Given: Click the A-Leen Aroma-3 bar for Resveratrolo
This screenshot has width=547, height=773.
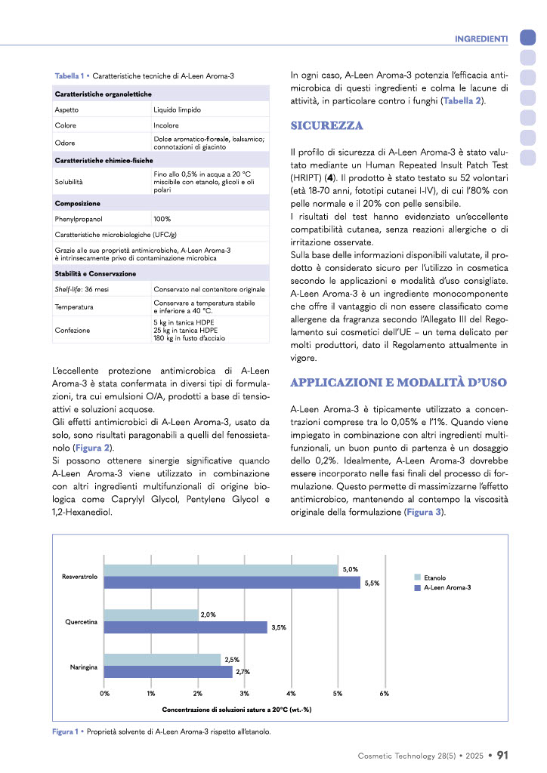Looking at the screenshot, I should (x=232, y=582).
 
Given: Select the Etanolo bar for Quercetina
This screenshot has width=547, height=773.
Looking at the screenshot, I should (x=151, y=614).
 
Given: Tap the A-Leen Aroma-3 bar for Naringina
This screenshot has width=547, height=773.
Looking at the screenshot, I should (x=168, y=671).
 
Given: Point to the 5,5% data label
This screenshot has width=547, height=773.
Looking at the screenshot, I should (x=371, y=583).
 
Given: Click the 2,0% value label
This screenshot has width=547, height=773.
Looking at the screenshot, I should (x=209, y=614).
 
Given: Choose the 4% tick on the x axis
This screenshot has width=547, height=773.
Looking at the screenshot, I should (x=291, y=693).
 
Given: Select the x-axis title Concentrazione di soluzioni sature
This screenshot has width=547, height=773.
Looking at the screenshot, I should (x=237, y=710).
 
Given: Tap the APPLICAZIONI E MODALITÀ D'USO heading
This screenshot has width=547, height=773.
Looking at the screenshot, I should (x=398, y=382).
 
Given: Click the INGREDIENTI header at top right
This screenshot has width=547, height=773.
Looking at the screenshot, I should (x=480, y=38).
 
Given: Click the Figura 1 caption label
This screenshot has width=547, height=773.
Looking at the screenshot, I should (x=66, y=731).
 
